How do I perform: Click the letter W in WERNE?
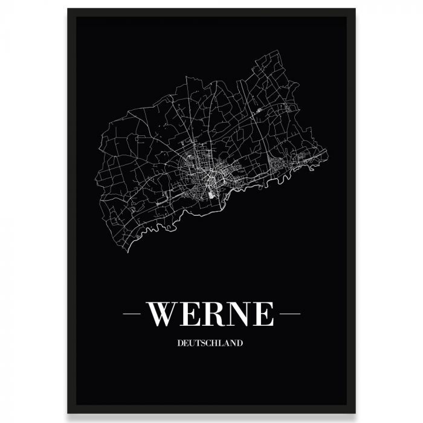point(163,314)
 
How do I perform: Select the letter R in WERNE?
point(213,314)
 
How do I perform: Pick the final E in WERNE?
point(263,314)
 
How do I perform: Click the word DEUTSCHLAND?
point(211,343)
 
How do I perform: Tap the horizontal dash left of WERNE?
point(132,314)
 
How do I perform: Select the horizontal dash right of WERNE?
point(290,314)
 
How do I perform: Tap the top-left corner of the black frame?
point(68,10)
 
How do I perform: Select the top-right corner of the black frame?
point(355,10)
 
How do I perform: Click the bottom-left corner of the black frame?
point(68,413)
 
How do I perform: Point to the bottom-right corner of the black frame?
point(355,413)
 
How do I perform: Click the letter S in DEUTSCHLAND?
point(201,343)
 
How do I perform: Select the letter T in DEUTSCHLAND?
point(196,343)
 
